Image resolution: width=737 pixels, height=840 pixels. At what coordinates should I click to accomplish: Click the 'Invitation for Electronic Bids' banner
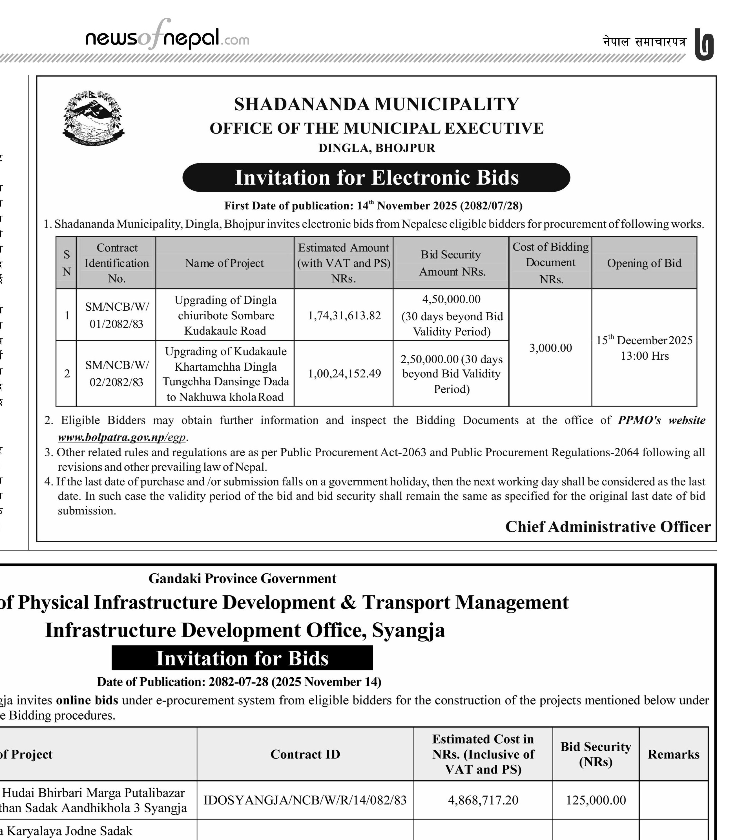376,178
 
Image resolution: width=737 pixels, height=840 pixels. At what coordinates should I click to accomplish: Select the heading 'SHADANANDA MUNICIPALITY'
376,104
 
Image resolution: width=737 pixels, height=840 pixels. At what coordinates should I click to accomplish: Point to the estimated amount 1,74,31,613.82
344,315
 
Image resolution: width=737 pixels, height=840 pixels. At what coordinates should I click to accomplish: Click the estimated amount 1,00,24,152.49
344,373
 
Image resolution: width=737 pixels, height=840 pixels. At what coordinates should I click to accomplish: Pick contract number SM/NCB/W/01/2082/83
117,315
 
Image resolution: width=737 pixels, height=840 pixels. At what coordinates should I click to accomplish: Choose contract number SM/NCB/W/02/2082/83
117,373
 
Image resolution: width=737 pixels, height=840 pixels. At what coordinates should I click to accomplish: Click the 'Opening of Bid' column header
644,263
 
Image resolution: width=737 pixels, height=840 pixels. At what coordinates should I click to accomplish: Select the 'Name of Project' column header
224,263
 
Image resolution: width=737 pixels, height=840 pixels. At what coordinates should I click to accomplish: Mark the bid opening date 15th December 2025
644,340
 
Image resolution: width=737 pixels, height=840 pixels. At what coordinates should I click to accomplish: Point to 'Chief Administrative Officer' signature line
608,527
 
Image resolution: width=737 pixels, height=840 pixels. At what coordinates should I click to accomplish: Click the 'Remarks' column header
673,754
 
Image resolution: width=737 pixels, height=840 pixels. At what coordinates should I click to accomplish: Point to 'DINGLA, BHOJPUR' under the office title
376,148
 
